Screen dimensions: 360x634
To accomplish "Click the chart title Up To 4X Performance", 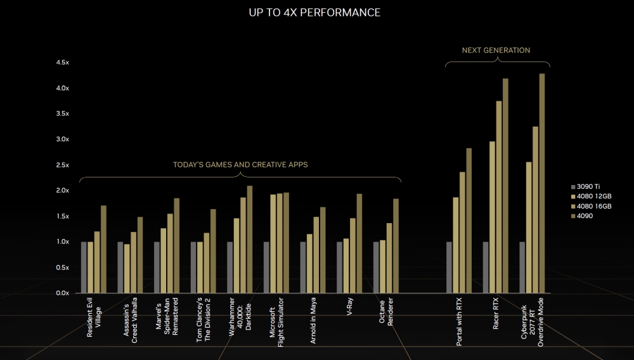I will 315,13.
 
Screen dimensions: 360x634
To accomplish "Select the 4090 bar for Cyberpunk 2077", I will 542,183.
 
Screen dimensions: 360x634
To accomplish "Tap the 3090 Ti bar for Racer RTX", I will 486,267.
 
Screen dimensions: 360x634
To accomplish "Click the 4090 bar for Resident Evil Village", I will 103,249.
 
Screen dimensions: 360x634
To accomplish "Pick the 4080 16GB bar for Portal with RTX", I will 462,232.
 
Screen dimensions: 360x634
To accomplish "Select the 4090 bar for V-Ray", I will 359,243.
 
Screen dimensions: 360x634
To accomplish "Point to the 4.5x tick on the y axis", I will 63,62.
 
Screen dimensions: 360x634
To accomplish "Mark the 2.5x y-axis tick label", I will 63,165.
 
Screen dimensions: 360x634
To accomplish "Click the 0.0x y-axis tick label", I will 63,293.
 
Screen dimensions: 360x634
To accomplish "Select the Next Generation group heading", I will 496,50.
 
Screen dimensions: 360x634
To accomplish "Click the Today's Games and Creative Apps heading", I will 240,165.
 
